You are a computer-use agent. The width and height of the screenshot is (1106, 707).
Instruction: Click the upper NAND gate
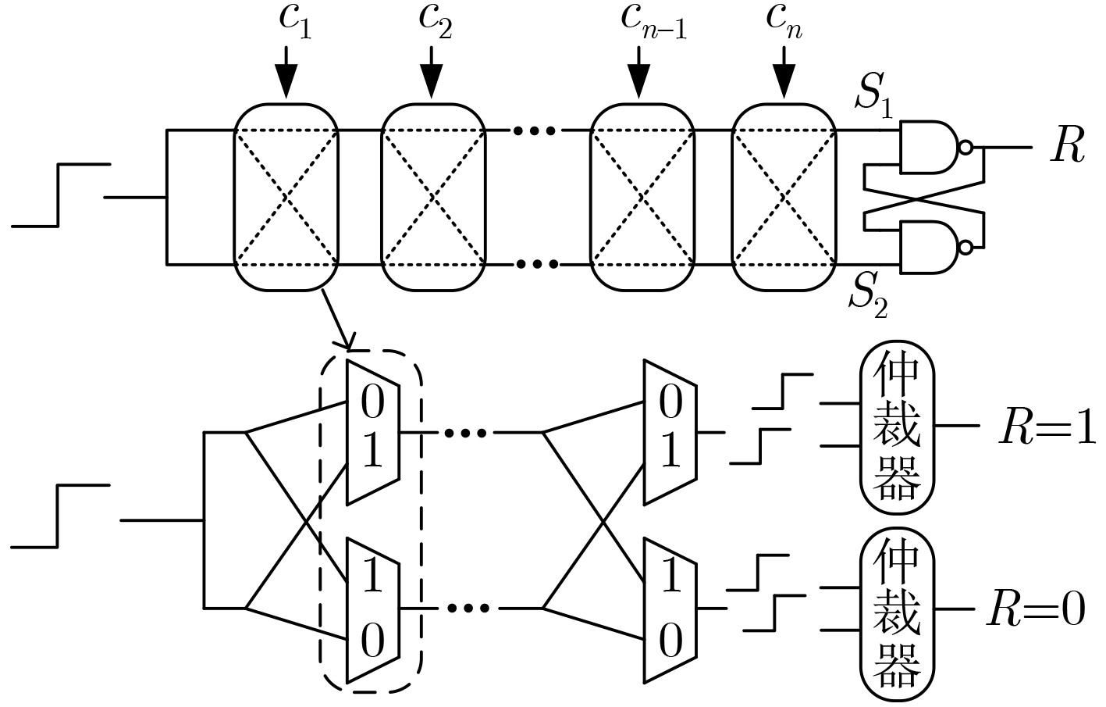pyautogui.click(x=930, y=147)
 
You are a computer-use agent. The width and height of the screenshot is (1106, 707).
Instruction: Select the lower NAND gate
pyautogui.click(x=930, y=247)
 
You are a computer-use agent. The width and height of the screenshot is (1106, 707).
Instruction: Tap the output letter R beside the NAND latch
pyautogui.click(x=1067, y=147)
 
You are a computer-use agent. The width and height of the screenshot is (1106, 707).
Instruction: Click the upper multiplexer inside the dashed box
pyautogui.click(x=373, y=431)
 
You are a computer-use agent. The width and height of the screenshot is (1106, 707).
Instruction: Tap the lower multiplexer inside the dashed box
pyautogui.click(x=373, y=609)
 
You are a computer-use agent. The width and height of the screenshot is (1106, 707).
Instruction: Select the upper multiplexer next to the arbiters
pyautogui.click(x=670, y=431)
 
